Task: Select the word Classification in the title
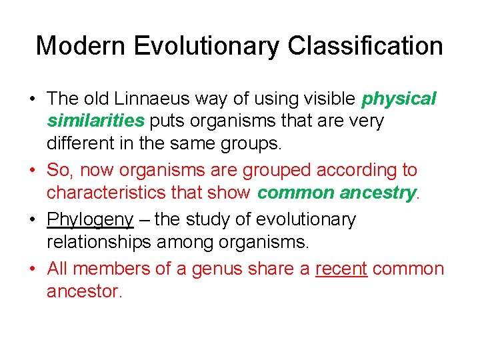[x=365, y=46]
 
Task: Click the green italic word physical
[x=399, y=99]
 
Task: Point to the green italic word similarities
[x=95, y=121]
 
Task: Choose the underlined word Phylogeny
[x=90, y=219]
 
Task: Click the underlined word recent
[x=341, y=269]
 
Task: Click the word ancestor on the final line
[x=83, y=291]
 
